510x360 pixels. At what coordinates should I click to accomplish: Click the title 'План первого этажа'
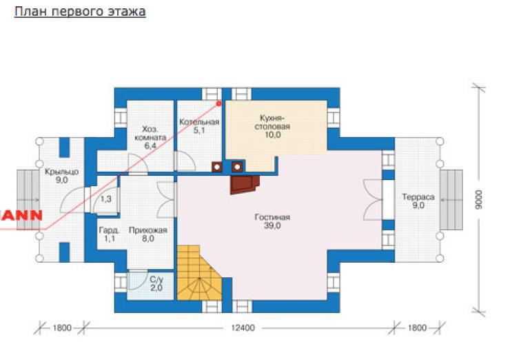pyautogui.click(x=80, y=12)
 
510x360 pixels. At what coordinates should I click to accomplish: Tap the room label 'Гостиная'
pyautogui.click(x=272, y=217)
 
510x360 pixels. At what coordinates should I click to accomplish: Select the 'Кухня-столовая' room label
pyautogui.click(x=272, y=122)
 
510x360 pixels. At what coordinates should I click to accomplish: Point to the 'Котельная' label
pyautogui.click(x=199, y=122)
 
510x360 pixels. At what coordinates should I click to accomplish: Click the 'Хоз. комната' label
pyautogui.click(x=150, y=133)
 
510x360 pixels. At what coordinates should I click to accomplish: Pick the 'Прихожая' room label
pyautogui.click(x=148, y=230)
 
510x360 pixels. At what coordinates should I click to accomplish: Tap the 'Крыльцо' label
pyautogui.click(x=61, y=172)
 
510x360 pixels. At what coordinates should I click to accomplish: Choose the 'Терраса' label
pyautogui.click(x=418, y=197)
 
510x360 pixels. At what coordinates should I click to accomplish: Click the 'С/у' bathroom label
pyautogui.click(x=156, y=279)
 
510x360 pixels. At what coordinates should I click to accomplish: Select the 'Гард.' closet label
pyautogui.click(x=109, y=230)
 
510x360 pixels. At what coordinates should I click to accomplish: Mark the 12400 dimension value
pyautogui.click(x=243, y=328)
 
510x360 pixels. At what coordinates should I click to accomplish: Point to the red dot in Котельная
pyautogui.click(x=219, y=103)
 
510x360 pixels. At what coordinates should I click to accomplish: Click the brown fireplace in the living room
pyautogui.click(x=245, y=185)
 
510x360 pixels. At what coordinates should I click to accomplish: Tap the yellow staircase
pyautogui.click(x=199, y=273)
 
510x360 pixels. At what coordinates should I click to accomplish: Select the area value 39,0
pyautogui.click(x=272, y=226)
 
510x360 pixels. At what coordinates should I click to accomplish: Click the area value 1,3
pyautogui.click(x=105, y=199)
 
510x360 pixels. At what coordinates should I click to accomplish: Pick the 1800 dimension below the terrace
pyautogui.click(x=417, y=328)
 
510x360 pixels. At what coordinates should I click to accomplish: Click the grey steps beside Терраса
pyautogui.click(x=451, y=199)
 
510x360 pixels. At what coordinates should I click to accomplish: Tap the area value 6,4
pyautogui.click(x=150, y=146)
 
